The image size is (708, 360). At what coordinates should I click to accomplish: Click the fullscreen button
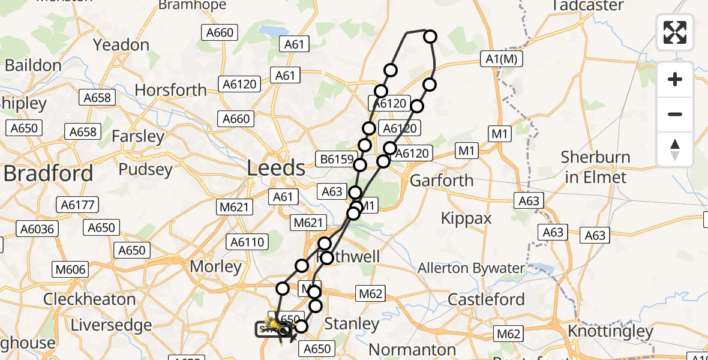(675, 32)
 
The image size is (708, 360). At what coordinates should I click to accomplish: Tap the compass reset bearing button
(675, 149)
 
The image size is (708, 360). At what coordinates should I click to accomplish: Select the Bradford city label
(48, 173)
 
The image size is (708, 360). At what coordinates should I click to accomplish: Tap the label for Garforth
(441, 180)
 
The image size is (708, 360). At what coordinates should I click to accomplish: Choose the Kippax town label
(466, 218)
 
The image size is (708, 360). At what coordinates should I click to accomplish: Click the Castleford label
(487, 299)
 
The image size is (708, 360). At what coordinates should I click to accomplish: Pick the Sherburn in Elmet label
(595, 167)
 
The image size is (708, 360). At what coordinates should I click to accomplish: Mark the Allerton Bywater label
(472, 268)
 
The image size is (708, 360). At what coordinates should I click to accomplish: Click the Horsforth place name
(171, 90)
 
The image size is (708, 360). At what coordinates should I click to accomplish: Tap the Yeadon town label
(122, 45)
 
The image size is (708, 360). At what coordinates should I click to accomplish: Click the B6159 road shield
(334, 160)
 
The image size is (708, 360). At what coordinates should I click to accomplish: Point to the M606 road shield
(70, 269)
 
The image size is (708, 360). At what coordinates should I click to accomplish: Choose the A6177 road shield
(78, 205)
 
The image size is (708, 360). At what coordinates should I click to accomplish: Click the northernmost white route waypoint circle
(430, 37)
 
